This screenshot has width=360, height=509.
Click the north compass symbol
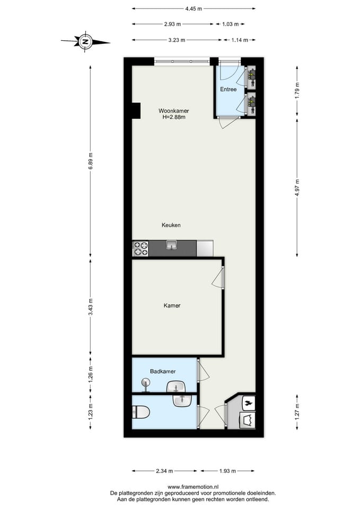(x=85, y=41)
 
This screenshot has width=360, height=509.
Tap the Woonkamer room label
(x=174, y=111)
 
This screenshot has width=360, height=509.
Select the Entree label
(x=228, y=89)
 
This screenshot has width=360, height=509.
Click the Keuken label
(x=171, y=225)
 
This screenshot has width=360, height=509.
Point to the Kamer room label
(x=172, y=305)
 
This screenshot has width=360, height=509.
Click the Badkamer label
(x=163, y=371)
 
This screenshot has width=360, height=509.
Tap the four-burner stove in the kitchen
(x=140, y=249)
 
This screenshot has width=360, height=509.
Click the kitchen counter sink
(x=171, y=245)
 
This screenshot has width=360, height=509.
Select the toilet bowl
(x=141, y=413)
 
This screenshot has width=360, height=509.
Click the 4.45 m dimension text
(x=194, y=9)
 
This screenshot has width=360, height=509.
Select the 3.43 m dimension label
(x=91, y=307)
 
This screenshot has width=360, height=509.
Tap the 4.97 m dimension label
(x=297, y=187)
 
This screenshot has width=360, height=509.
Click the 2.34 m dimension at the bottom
(x=164, y=471)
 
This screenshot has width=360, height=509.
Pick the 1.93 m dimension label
(x=227, y=471)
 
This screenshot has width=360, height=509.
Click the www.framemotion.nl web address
(x=193, y=487)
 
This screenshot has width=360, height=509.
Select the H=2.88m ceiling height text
(x=174, y=117)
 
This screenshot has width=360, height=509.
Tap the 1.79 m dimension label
(x=297, y=91)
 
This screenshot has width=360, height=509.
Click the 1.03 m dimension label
(x=231, y=24)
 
